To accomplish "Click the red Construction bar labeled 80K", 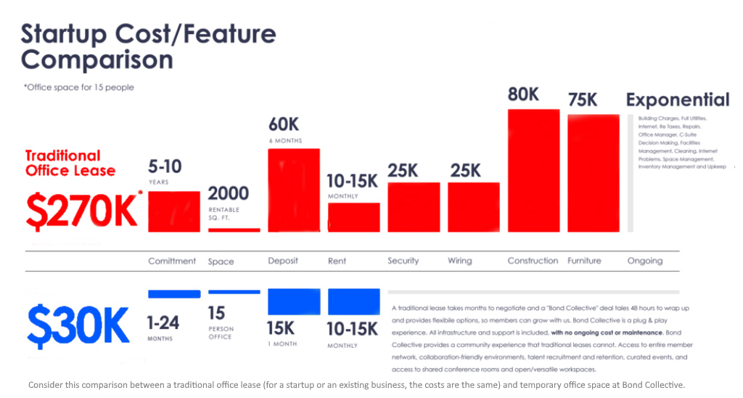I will [533, 171].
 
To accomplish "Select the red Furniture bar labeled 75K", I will [593, 173].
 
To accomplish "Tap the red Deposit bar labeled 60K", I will [294, 190].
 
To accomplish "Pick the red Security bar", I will [414, 207].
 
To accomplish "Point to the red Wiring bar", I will [474, 207].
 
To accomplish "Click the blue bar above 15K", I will [294, 301].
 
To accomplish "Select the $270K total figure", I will [81, 210].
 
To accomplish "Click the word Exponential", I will [678, 100].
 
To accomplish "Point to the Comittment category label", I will [172, 261].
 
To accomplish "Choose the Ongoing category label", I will [645, 261].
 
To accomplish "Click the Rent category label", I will [337, 261].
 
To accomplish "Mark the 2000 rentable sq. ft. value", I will [229, 194].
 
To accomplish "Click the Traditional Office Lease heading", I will [70, 163].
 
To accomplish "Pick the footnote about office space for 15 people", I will [79, 88].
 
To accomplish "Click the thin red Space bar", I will [234, 230].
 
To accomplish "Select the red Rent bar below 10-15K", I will [353, 217].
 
